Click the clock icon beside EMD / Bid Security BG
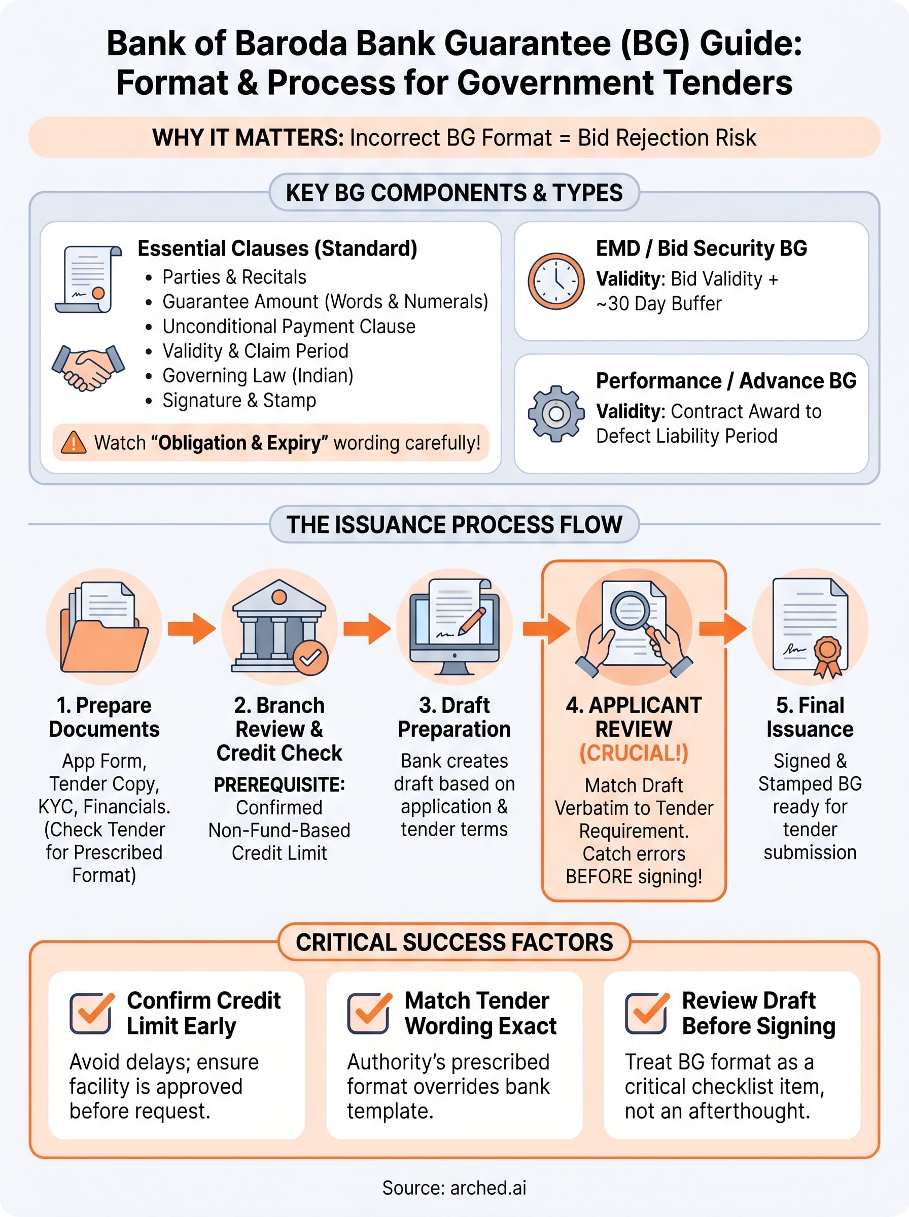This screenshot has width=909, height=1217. click(556, 281)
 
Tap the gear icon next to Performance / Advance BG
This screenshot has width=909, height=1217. click(556, 414)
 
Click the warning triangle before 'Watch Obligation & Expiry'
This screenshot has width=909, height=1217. click(73, 442)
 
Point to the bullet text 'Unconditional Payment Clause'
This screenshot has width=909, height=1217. click(289, 326)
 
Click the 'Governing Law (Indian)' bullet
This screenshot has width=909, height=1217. click(258, 376)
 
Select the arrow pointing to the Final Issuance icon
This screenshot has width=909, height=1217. click(722, 627)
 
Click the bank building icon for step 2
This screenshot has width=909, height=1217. click(279, 626)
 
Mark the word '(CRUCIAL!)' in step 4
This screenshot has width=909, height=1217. click(634, 753)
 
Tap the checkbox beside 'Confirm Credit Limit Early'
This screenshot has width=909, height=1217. click(92, 1013)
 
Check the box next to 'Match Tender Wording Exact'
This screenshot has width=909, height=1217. click(369, 1013)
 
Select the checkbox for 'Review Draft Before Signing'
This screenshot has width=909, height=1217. click(647, 1013)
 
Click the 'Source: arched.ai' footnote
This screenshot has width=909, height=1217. click(454, 1188)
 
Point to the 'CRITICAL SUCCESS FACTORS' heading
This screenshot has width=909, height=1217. click(454, 942)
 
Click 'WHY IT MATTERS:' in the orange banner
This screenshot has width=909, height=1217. click(248, 137)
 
